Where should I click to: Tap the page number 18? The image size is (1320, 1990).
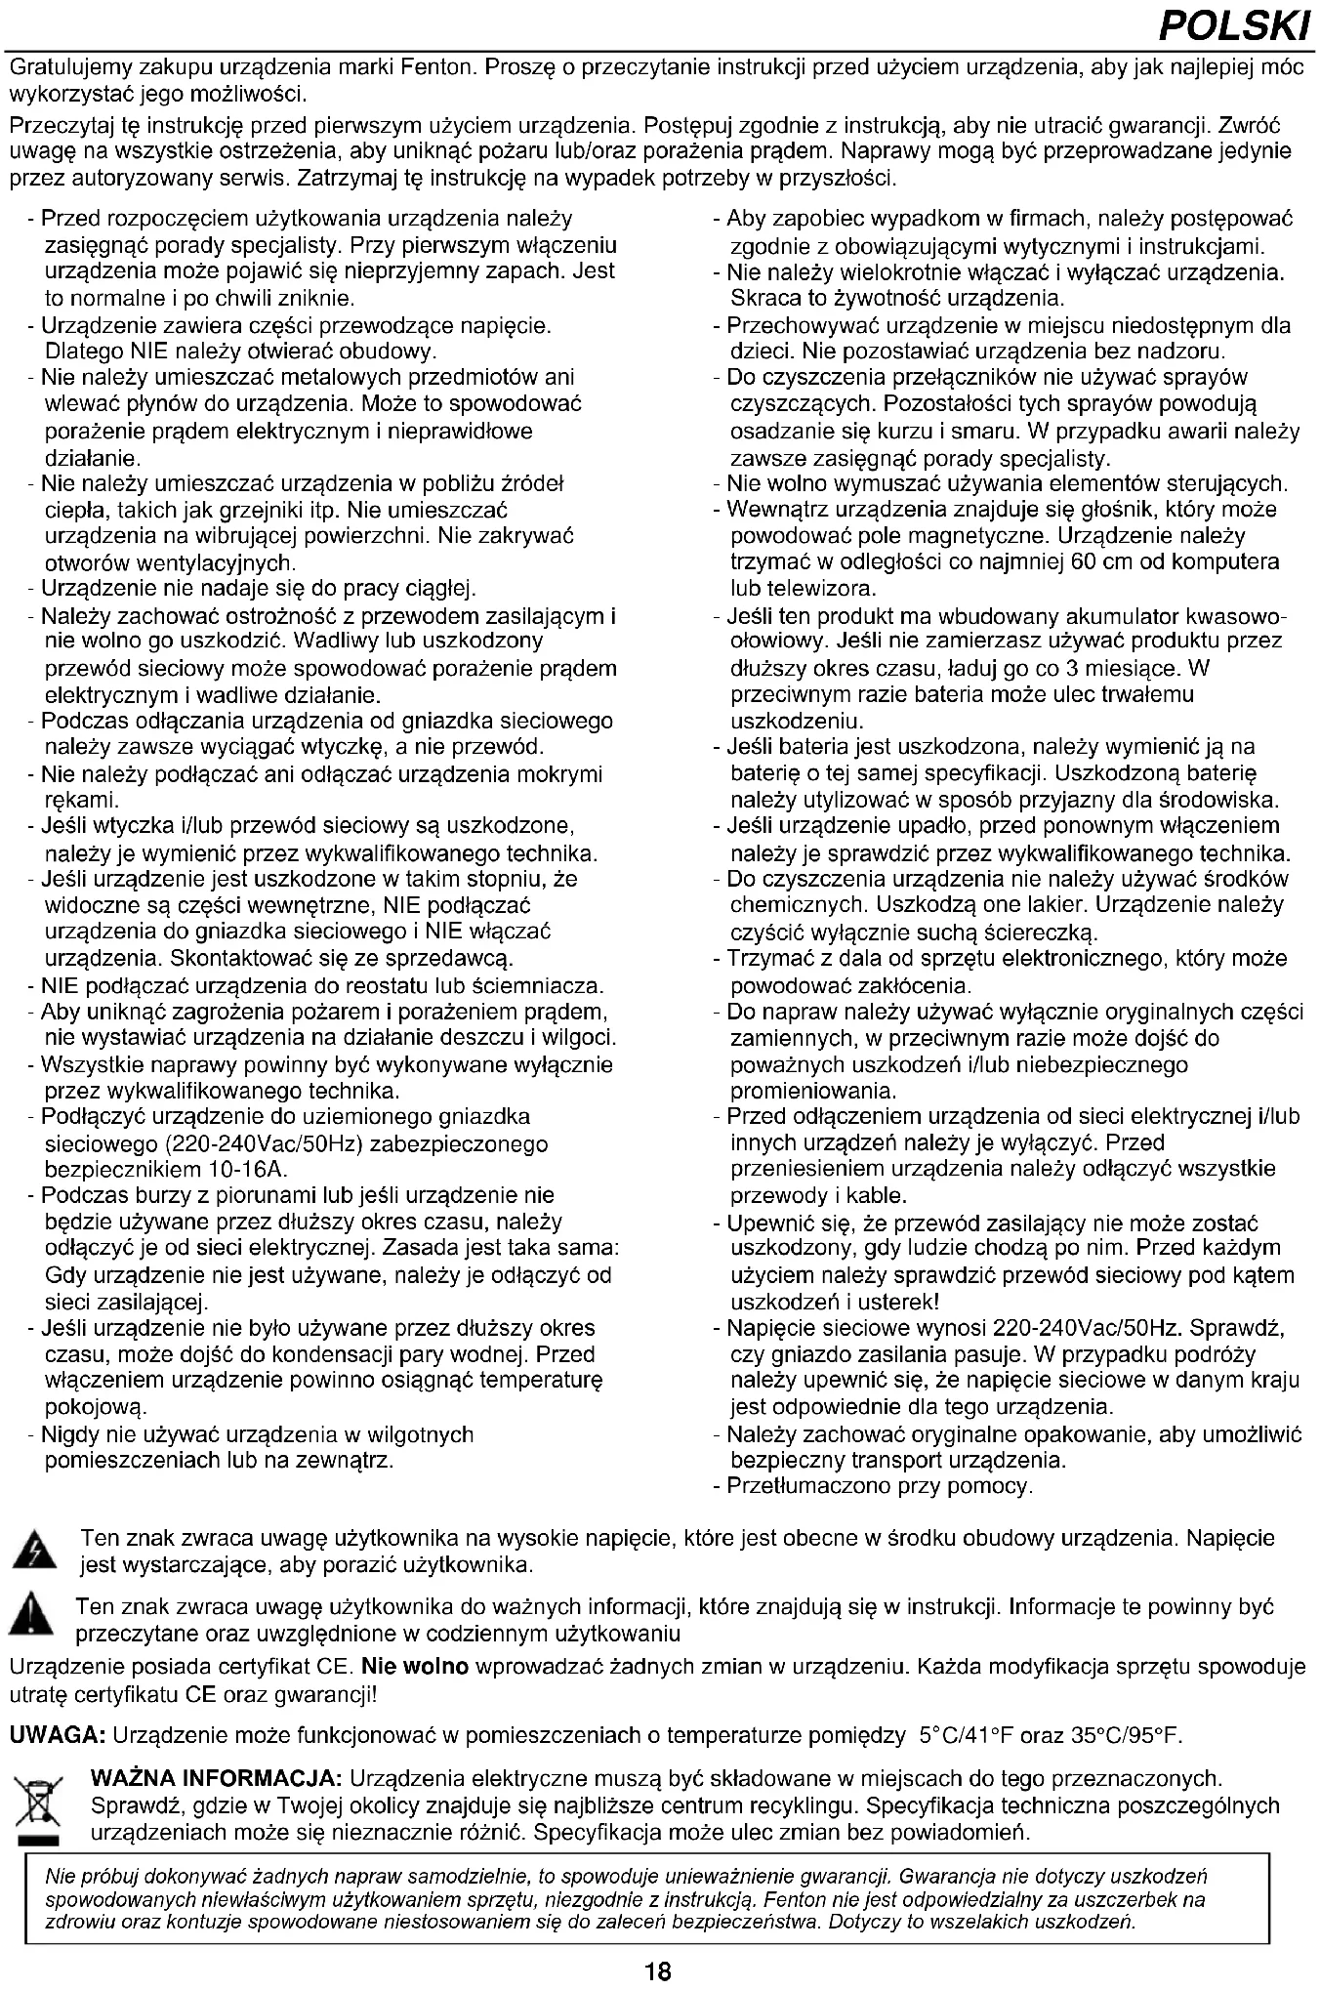click(659, 1970)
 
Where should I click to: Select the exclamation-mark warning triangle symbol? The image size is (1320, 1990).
click(32, 1616)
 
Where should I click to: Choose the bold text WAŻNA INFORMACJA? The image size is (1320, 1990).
click(216, 1779)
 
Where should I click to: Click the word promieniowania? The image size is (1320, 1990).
click(813, 1091)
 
